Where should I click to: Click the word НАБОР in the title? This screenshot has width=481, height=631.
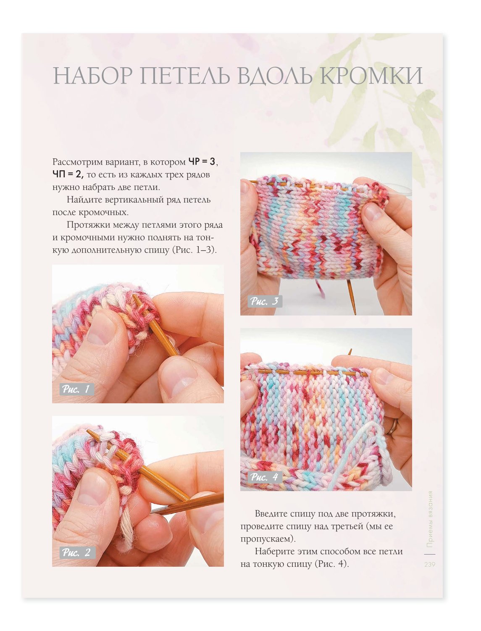(93, 75)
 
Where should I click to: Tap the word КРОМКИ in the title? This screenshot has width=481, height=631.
(371, 75)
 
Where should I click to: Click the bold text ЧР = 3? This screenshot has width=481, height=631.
(202, 162)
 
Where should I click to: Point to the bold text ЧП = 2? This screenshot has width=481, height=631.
(68, 174)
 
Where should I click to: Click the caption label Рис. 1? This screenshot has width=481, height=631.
(76, 389)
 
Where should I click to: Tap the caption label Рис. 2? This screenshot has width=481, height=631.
(76, 552)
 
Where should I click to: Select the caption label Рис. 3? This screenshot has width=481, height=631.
(264, 301)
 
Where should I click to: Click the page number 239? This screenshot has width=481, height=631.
(430, 564)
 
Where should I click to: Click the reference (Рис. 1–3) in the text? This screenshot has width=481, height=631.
(194, 250)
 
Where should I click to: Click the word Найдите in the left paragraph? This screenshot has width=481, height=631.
(84, 200)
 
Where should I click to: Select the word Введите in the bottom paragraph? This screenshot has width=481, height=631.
(272, 514)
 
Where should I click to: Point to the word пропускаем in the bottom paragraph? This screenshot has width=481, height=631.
(267, 539)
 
